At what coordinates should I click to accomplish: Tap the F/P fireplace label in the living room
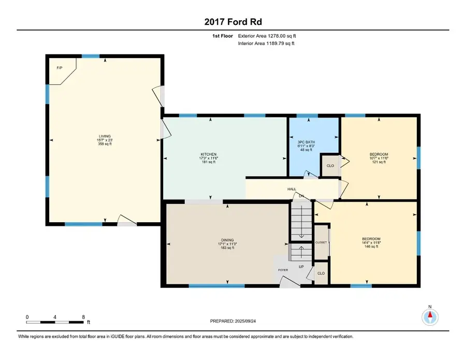[60, 68]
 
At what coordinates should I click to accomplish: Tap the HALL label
[292, 190]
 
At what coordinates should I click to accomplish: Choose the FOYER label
[283, 270]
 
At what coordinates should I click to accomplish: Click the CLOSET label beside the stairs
[321, 242]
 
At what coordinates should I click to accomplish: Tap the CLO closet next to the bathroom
[329, 167]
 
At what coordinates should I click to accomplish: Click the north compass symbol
[430, 315]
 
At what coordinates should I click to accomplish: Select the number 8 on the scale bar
[82, 316]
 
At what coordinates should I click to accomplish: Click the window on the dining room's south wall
[216, 285]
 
